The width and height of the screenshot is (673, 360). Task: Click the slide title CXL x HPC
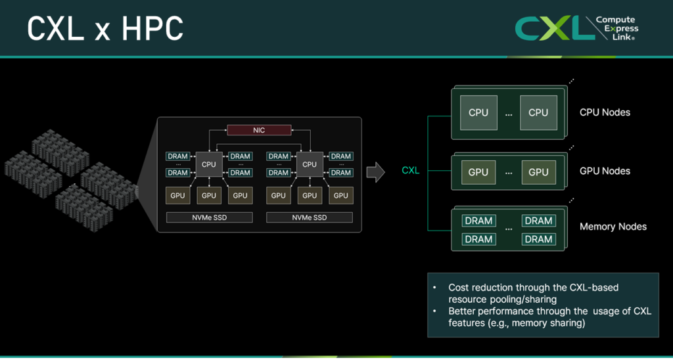click(x=105, y=28)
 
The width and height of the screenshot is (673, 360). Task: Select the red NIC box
click(x=259, y=130)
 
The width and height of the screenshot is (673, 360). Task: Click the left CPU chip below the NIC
click(x=208, y=164)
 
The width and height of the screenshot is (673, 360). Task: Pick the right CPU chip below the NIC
click(x=309, y=164)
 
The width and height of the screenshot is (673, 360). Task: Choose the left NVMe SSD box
click(x=209, y=217)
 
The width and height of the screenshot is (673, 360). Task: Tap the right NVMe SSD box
click(x=309, y=217)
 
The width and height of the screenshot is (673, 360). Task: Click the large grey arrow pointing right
click(x=375, y=172)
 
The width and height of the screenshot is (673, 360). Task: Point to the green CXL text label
click(x=410, y=171)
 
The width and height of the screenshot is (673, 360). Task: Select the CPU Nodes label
click(x=605, y=112)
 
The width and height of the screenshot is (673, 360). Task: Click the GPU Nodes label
click(x=605, y=171)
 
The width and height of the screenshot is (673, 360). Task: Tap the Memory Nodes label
click(x=613, y=227)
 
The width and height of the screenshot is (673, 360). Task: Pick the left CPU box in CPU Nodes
click(x=478, y=112)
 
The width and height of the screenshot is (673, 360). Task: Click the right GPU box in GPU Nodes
click(x=538, y=172)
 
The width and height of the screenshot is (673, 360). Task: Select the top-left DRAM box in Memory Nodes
click(x=478, y=221)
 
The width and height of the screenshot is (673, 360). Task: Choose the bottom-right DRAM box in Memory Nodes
click(x=538, y=239)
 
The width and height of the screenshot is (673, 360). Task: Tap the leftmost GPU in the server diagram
click(x=177, y=195)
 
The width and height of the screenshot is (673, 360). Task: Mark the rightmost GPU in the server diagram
click(x=340, y=195)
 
